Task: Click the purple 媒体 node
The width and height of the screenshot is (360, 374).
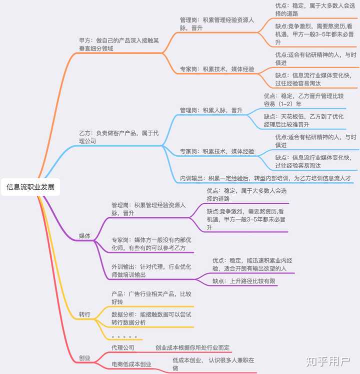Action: tap(84, 236)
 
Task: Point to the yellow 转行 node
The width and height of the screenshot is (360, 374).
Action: tap(84, 315)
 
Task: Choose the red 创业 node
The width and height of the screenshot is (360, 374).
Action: tap(84, 358)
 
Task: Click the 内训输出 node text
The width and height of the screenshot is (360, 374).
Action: tap(265, 178)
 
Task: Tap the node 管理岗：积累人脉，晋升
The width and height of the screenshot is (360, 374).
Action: tap(211, 110)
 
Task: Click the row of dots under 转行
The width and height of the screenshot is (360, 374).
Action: tap(124, 337)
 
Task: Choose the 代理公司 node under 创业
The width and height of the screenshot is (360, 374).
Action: tap(122, 347)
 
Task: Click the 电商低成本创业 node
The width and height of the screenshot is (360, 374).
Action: tap(131, 364)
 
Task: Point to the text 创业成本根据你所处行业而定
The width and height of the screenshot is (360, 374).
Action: tap(192, 347)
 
